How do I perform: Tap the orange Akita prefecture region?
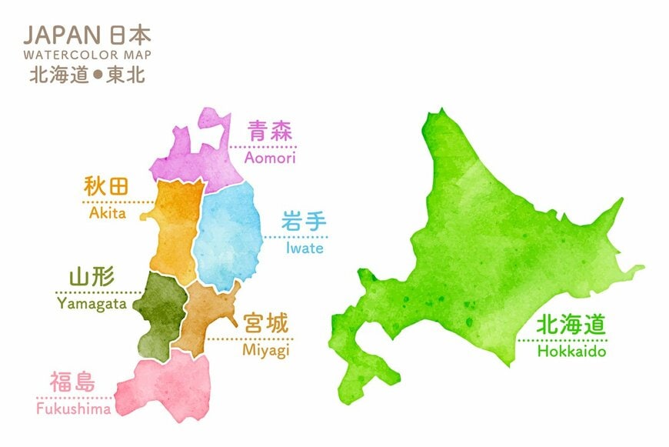point(175,223)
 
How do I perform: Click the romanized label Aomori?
point(269,158)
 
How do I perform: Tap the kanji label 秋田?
point(106,187)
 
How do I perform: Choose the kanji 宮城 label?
point(265,324)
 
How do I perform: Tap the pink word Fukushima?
point(74,409)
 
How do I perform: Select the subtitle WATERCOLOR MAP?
point(87,55)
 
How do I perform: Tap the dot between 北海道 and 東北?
point(100,75)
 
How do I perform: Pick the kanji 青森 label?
point(269,132)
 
